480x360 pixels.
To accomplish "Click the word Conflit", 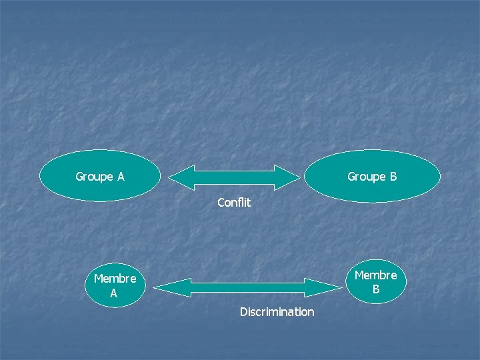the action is click(x=234, y=202).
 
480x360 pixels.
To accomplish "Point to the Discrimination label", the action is click(x=277, y=311).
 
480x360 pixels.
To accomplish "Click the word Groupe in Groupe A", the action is click(x=94, y=177).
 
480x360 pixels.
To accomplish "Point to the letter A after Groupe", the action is click(x=121, y=177).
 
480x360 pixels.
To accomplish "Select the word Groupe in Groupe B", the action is click(x=366, y=177).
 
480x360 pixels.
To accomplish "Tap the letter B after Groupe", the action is click(x=393, y=177).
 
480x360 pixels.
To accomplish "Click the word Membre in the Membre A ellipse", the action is click(x=115, y=279).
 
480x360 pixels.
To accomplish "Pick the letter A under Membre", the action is click(x=114, y=293).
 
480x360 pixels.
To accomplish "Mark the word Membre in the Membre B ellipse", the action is click(x=375, y=275).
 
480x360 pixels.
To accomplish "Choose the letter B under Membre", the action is click(x=376, y=289).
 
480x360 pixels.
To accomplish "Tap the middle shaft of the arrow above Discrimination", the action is click(x=247, y=287).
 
